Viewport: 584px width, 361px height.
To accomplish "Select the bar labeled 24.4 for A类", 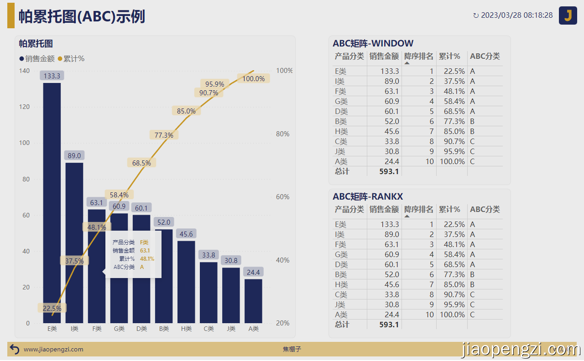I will coord(253,301).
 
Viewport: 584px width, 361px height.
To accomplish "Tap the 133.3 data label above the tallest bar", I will coord(52,76).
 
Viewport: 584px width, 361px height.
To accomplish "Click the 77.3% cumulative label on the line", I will coord(164,135).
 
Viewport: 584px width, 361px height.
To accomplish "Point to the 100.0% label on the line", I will coord(253,79).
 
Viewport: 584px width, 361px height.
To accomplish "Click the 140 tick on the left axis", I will coord(24,71).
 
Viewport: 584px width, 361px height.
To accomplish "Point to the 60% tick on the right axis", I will coord(282,197).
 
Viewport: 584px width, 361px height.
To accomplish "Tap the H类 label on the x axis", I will coord(186,329).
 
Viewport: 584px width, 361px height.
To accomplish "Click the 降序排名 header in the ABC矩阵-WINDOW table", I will coord(418,57).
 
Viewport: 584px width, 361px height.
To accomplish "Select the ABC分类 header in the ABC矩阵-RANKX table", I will coord(485,210).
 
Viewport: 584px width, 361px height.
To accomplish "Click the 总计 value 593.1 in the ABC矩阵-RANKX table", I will coord(389,325).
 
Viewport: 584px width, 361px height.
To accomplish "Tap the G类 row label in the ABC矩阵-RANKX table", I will coord(341,254).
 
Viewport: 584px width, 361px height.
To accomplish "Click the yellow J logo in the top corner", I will coord(568,15).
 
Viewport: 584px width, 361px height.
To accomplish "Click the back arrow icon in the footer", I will coord(15,350).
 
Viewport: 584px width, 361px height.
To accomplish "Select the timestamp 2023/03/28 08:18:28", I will coord(516,15).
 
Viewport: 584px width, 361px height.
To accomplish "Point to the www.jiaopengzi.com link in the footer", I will coord(53,350).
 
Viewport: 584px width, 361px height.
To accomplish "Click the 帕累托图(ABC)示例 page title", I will coord(82,16).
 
